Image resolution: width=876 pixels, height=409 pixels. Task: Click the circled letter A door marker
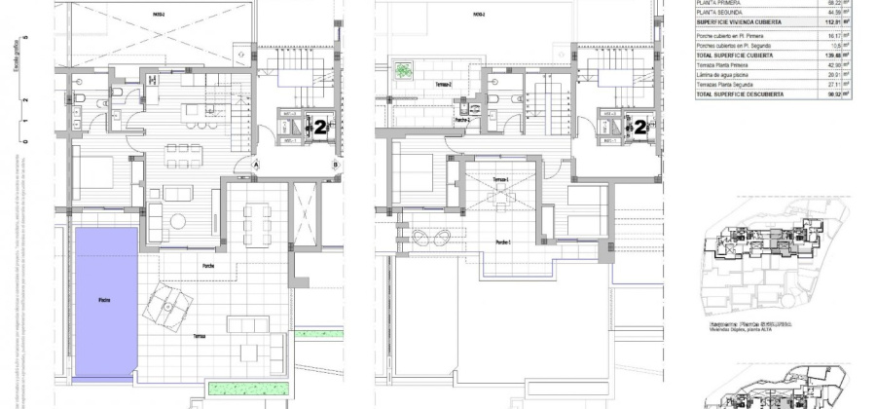pyautogui.click(x=257, y=166)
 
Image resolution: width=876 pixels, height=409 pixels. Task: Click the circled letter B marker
pyautogui.click(x=336, y=166)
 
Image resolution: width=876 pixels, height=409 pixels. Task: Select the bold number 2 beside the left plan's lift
pyautogui.click(x=318, y=126)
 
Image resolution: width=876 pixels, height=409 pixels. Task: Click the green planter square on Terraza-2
pyautogui.click(x=401, y=71)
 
